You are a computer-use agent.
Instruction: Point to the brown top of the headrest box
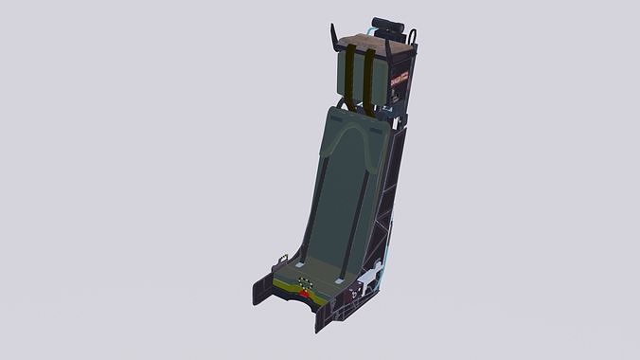point(373,41)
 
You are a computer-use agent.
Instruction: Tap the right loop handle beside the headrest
point(414,37)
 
